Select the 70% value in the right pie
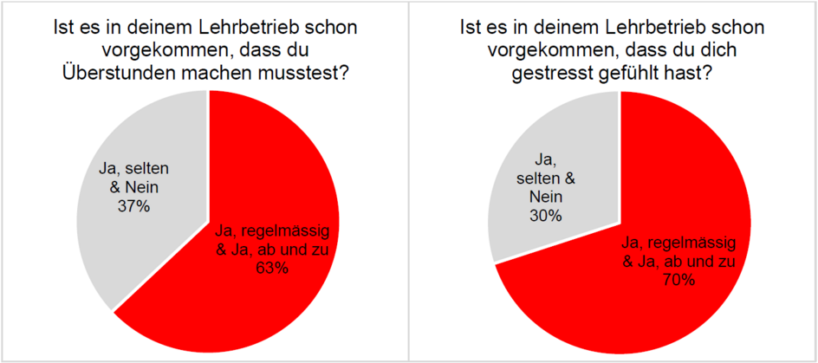pyautogui.click(x=679, y=280)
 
